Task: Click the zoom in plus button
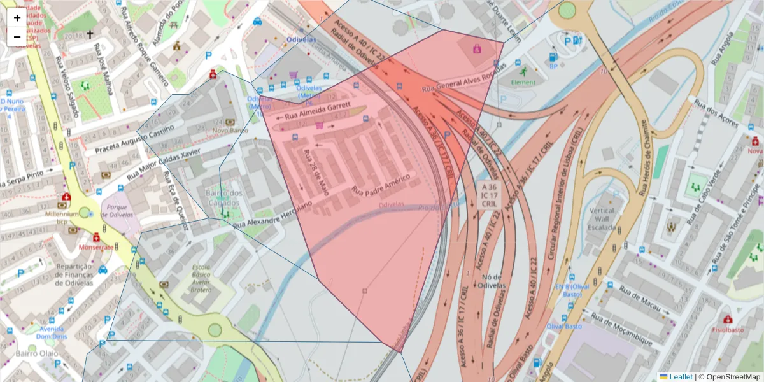(17, 18)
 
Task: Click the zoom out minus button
(17, 37)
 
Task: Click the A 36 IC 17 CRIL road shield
(489, 194)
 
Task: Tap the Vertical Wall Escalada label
(602, 219)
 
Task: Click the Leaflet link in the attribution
(681, 377)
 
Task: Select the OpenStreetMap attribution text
(730, 377)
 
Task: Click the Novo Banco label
(230, 131)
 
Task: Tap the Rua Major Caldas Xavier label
(164, 163)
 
